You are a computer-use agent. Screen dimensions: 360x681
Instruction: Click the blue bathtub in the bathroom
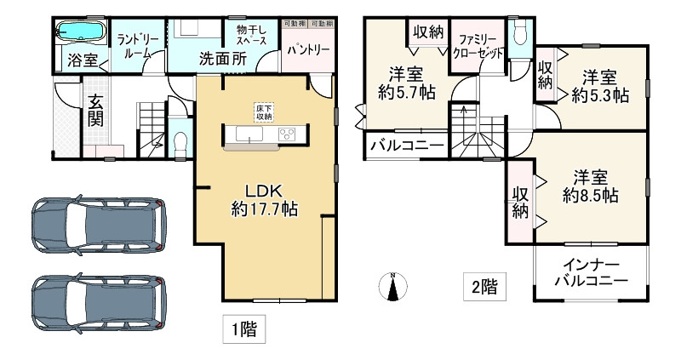80,33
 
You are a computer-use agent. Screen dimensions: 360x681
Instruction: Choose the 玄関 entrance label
94,110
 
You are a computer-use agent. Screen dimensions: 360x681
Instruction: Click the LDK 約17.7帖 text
264,199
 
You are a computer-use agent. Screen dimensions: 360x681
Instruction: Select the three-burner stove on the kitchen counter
287,134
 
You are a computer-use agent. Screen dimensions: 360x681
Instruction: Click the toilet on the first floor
180,141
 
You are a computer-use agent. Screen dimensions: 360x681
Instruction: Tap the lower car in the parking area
95,302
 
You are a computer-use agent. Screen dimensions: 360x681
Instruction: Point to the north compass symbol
392,287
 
